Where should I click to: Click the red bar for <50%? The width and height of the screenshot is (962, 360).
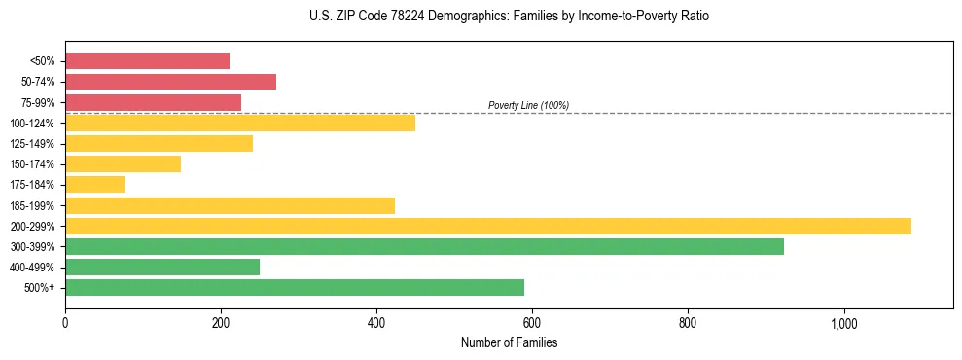pos(147,61)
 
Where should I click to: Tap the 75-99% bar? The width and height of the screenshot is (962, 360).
pos(153,102)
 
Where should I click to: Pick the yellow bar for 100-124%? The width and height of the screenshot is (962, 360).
pos(240,123)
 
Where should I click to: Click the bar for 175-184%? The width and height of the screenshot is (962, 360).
pos(94,185)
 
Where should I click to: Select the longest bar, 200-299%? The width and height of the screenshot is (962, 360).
pos(487,226)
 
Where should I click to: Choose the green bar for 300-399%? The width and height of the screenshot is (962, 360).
pos(424,246)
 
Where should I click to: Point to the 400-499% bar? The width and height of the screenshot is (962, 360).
pos(162,267)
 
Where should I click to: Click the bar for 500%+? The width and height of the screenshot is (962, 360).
pos(295,287)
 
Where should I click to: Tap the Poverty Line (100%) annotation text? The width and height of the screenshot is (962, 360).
pos(528,105)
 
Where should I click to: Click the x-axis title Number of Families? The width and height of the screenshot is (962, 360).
pos(509,342)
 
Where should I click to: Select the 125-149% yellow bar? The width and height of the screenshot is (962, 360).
pos(159,144)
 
